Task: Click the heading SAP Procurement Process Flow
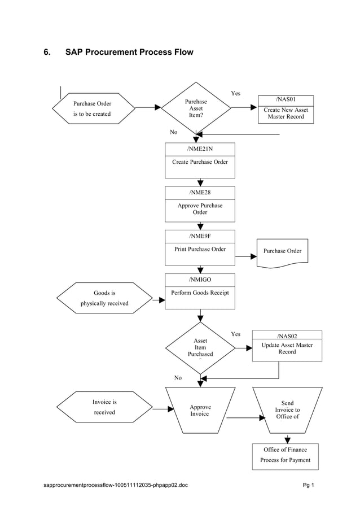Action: click(129, 53)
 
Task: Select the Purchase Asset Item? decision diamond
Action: click(196, 108)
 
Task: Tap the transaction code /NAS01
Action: click(286, 99)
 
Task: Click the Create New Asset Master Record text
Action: click(286, 113)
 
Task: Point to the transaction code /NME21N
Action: click(200, 149)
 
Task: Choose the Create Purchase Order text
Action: click(200, 162)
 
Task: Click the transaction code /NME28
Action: click(200, 193)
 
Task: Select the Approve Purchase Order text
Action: click(200, 209)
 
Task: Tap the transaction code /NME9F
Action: click(200, 236)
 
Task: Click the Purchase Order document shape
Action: click(282, 251)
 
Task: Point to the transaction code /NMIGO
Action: click(200, 280)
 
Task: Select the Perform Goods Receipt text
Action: click(200, 293)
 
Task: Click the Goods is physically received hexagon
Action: click(104, 298)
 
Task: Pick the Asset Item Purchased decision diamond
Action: click(200, 347)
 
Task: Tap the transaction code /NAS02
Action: click(287, 335)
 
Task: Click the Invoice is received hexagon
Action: click(104, 407)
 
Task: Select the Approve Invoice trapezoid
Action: click(200, 411)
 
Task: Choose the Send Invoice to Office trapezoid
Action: click(287, 410)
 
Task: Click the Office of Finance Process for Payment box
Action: click(285, 455)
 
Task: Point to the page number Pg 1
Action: click(308, 485)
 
